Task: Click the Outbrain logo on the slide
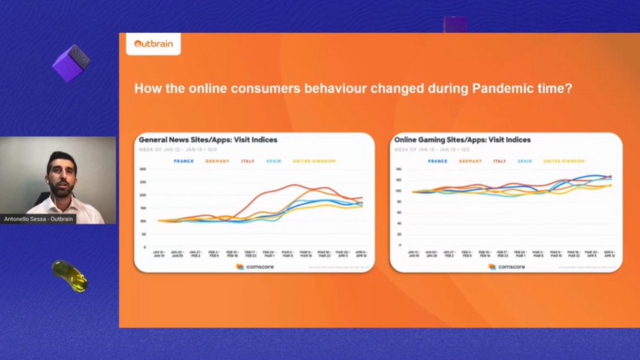point(153,44)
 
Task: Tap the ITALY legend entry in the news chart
point(247,161)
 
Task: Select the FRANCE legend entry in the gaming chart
point(437,161)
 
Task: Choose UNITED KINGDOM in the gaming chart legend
point(564,161)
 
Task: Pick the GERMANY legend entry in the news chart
point(217,161)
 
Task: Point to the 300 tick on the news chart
point(142,169)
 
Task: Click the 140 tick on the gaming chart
point(398,169)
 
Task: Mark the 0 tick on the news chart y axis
point(145,247)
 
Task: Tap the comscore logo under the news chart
point(255,266)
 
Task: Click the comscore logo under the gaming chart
point(507,266)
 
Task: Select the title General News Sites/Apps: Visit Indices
point(208,140)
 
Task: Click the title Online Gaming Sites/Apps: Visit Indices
point(462,140)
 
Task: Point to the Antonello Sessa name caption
point(38,219)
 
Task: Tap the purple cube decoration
point(71,63)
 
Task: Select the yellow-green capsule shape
point(69,275)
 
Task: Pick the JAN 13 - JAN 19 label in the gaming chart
point(413,253)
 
